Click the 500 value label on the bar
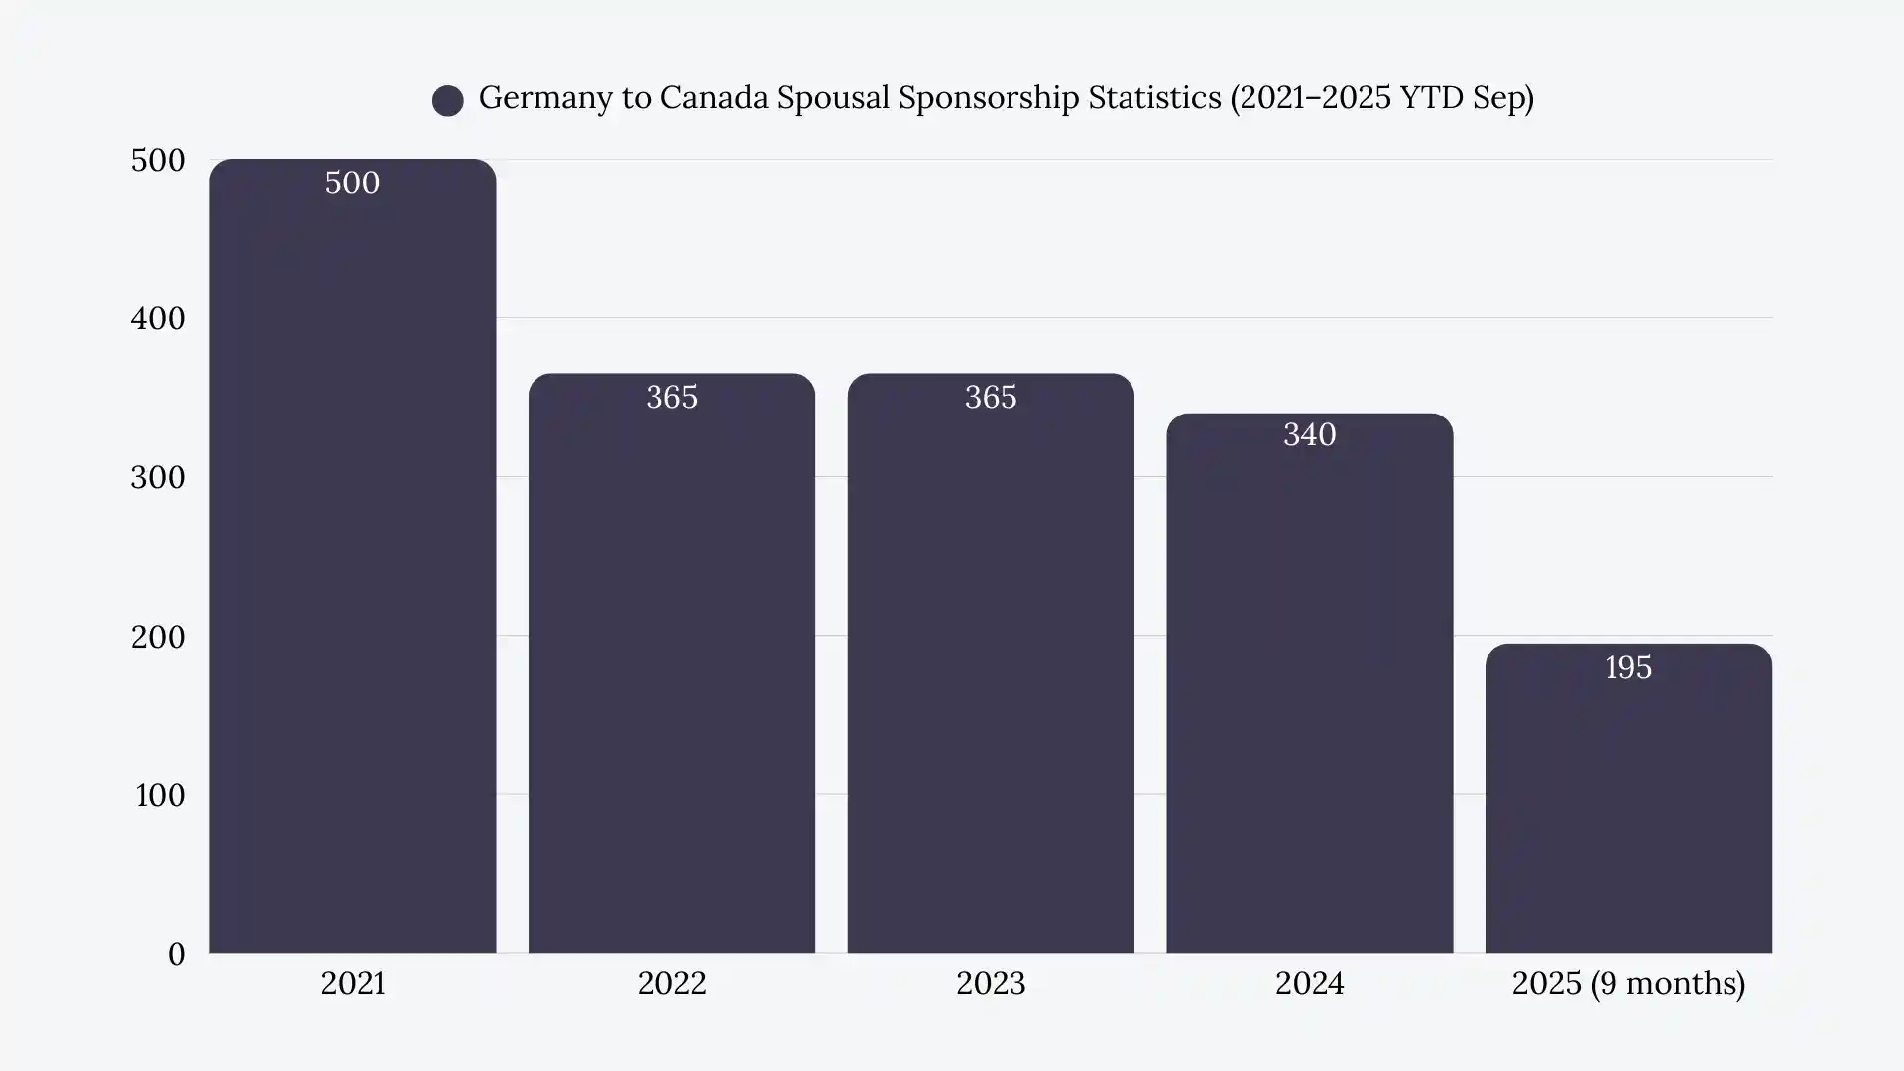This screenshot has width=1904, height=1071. (x=352, y=183)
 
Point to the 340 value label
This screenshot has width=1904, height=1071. (x=1309, y=435)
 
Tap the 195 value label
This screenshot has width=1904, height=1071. (x=1628, y=668)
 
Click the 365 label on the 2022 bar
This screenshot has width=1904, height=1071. (x=671, y=398)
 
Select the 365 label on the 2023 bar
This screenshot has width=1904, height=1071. (x=990, y=398)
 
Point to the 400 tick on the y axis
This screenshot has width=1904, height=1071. (x=158, y=319)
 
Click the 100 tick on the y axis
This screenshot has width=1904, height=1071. (x=160, y=795)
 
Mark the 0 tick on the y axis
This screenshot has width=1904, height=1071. (x=177, y=954)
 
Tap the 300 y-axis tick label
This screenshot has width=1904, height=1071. (x=158, y=478)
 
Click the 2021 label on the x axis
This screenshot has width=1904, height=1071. (x=352, y=983)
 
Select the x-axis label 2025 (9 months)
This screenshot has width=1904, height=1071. (x=1628, y=983)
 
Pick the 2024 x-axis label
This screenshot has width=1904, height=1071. (x=1309, y=983)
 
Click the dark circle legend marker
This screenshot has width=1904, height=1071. (x=448, y=100)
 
